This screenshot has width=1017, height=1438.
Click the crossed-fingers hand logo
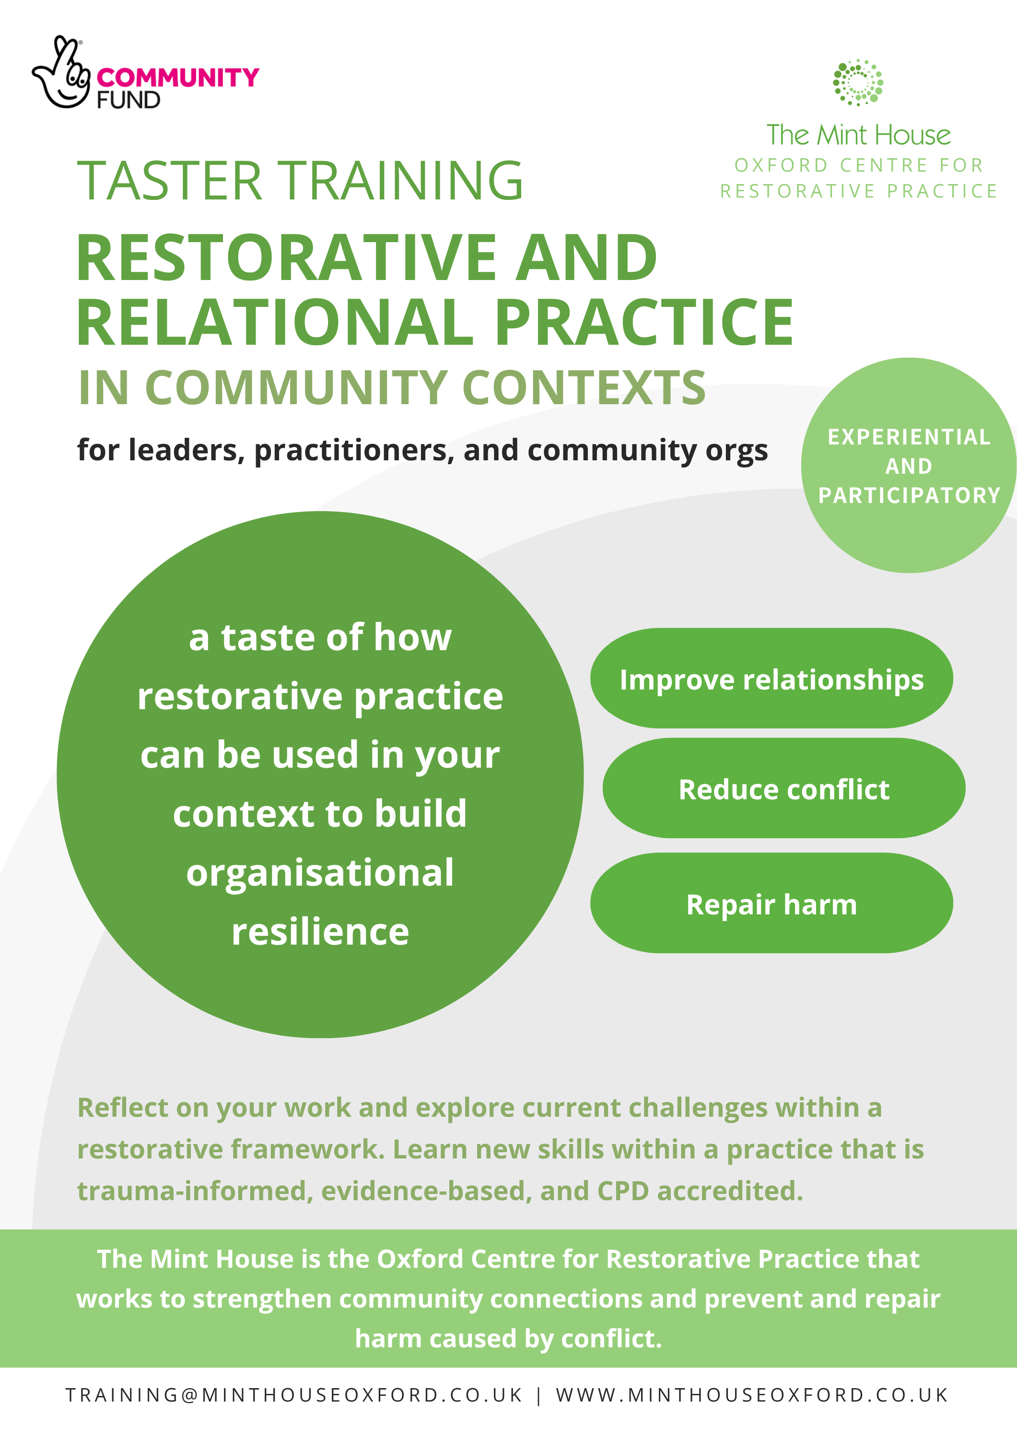[61, 73]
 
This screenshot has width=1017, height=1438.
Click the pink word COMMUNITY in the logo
[178, 78]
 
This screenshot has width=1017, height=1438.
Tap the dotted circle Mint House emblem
[858, 82]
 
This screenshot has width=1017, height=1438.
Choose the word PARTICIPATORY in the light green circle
[909, 495]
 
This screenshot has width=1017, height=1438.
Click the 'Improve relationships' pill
[772, 678]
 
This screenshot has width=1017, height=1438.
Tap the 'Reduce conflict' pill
[784, 788]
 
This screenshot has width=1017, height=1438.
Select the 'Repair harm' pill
[772, 903]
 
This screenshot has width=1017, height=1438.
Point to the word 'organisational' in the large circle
[320, 873]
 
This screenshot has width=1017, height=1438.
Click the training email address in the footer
[294, 1395]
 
